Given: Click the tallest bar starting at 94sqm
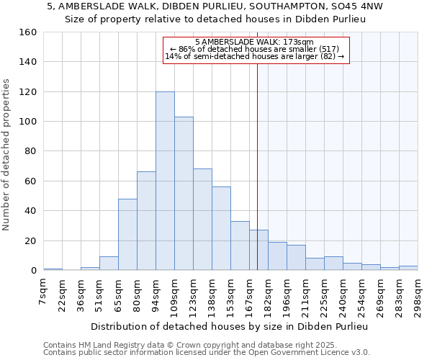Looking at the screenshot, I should pyautogui.click(x=165, y=181).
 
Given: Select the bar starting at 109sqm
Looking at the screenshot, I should pyautogui.click(x=184, y=194).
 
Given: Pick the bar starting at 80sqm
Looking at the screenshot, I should pyautogui.click(x=146, y=221).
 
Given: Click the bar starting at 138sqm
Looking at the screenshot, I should pyautogui.click(x=221, y=228).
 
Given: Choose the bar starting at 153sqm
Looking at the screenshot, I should pyautogui.click(x=240, y=246).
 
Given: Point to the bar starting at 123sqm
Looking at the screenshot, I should pyautogui.click(x=202, y=220).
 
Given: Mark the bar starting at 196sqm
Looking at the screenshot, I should pyautogui.click(x=296, y=258).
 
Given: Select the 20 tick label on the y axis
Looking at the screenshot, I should pyautogui.click(x=30, y=240).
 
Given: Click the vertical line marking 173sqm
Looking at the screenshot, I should pyautogui.click(x=257, y=166).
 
